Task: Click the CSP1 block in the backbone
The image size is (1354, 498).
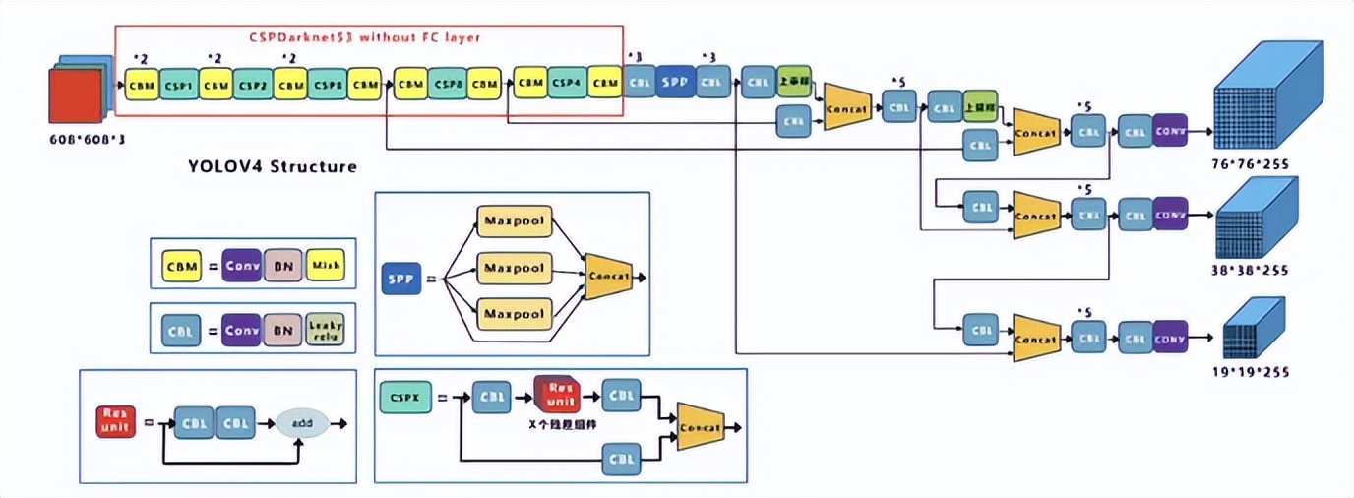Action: [x=179, y=85]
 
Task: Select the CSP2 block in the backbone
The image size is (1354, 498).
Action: [x=253, y=85]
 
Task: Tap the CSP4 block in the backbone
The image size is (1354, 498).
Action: [x=567, y=83]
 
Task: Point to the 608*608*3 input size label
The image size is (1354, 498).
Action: [x=87, y=139]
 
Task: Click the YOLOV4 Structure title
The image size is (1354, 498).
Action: [x=273, y=166]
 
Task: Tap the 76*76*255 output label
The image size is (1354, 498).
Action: [x=1251, y=164]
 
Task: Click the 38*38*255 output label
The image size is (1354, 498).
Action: [x=1252, y=270]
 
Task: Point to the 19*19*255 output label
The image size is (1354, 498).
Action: [x=1251, y=372]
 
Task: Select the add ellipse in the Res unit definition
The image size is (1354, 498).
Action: [x=301, y=422]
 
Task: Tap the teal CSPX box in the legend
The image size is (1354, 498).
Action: [x=403, y=398]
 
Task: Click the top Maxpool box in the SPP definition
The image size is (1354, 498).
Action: [x=514, y=219]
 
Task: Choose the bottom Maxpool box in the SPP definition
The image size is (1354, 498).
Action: [x=514, y=314]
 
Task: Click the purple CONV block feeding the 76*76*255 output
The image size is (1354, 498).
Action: [x=1170, y=128]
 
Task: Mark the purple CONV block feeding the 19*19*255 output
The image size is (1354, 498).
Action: [x=1170, y=338]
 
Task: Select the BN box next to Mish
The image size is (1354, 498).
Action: [x=282, y=264]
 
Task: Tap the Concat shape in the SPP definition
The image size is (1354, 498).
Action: [x=608, y=278]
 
